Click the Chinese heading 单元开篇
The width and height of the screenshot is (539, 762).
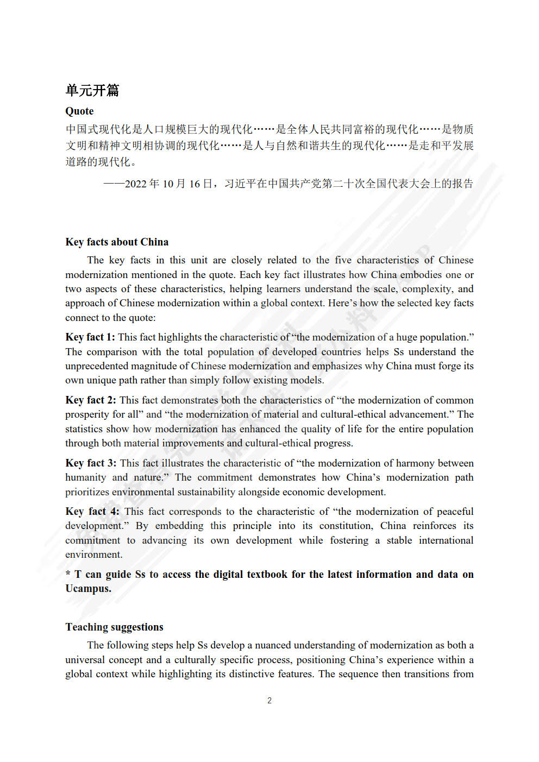(92, 90)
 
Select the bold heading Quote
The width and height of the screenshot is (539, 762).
(79, 111)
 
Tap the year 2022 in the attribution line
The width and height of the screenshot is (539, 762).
(136, 184)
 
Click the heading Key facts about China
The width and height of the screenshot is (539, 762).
(117, 242)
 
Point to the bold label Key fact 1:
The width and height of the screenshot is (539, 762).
(90, 337)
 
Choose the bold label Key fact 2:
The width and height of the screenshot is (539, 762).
(90, 400)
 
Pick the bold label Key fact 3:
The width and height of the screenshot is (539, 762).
(91, 463)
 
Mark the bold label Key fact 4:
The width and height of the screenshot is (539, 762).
(92, 512)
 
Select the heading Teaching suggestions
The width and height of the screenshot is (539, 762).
(114, 627)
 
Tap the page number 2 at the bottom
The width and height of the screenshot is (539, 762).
(269, 701)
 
